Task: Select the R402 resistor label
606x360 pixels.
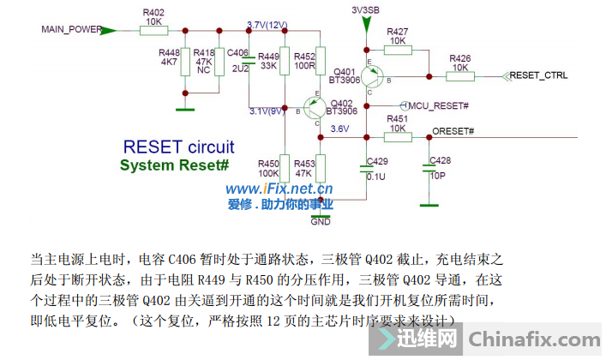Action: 154,14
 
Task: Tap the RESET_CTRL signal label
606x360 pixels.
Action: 538,75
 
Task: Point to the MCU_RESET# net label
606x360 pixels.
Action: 438,105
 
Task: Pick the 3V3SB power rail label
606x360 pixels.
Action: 366,9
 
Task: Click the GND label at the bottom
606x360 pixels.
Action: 321,222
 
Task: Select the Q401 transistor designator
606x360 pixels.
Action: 345,71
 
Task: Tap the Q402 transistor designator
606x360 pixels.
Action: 341,103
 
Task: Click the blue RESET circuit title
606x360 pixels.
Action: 179,147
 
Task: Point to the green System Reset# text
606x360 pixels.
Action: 174,165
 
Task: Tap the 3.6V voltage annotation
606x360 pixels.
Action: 339,129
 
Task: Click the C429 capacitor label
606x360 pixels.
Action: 377,160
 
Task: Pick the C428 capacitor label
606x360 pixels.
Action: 440,160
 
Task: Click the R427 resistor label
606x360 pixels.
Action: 397,31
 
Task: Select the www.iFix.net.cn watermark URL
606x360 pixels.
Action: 279,189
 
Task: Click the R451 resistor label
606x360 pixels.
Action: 397,118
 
